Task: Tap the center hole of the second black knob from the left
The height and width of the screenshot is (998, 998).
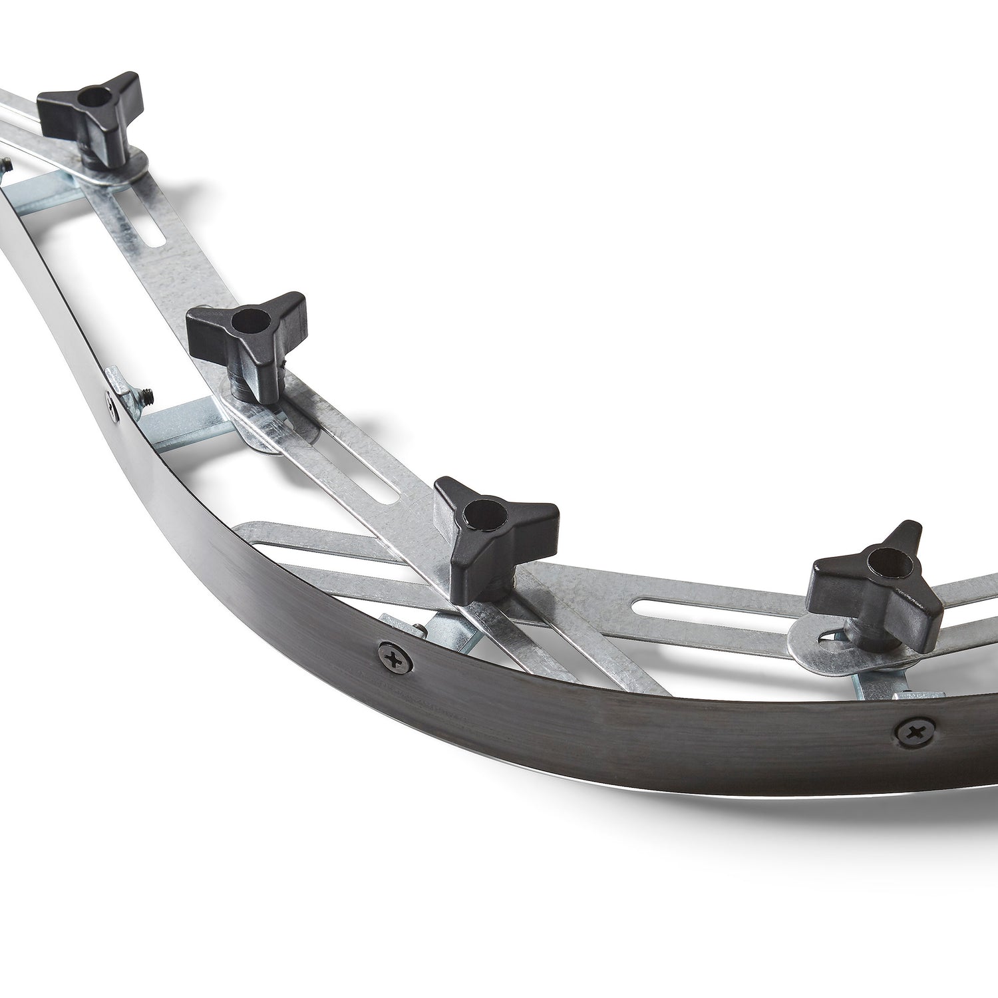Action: (x=251, y=321)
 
